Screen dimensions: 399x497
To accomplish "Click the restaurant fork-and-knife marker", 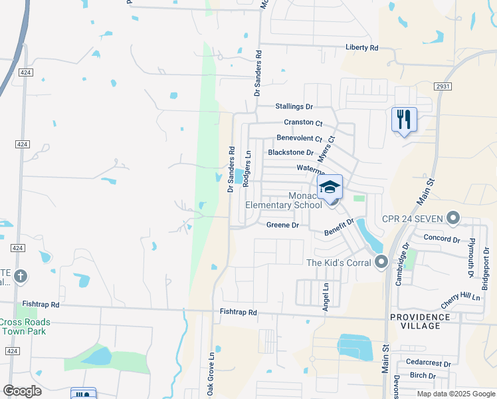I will pyautogui.click(x=404, y=120).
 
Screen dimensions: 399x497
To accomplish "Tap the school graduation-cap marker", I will pyautogui.click(x=330, y=187).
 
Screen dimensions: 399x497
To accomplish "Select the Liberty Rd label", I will pyautogui.click(x=361, y=48).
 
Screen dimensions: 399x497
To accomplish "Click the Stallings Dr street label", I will pyautogui.click(x=294, y=106).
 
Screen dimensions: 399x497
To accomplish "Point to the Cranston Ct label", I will pyautogui.click(x=302, y=123).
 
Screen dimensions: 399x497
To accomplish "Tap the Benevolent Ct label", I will pyautogui.click(x=299, y=139).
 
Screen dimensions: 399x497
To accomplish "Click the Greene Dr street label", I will pyautogui.click(x=283, y=225).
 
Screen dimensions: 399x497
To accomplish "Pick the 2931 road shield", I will pyautogui.click(x=443, y=86).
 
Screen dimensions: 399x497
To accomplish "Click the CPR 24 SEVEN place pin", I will pyautogui.click(x=454, y=218).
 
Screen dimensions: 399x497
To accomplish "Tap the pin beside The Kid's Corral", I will pyautogui.click(x=381, y=262).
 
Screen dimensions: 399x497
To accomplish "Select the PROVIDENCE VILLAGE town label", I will pyautogui.click(x=420, y=321).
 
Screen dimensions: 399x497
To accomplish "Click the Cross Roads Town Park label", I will pyautogui.click(x=24, y=327).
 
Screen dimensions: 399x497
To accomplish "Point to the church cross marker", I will pyautogui.click(x=21, y=275).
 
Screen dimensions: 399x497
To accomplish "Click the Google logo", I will pyautogui.click(x=22, y=391).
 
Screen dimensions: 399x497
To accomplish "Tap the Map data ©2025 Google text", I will pyautogui.click(x=455, y=394).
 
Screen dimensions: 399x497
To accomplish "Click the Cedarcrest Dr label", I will pyautogui.click(x=430, y=364).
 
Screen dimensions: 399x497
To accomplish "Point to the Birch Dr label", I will pyautogui.click(x=423, y=376).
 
